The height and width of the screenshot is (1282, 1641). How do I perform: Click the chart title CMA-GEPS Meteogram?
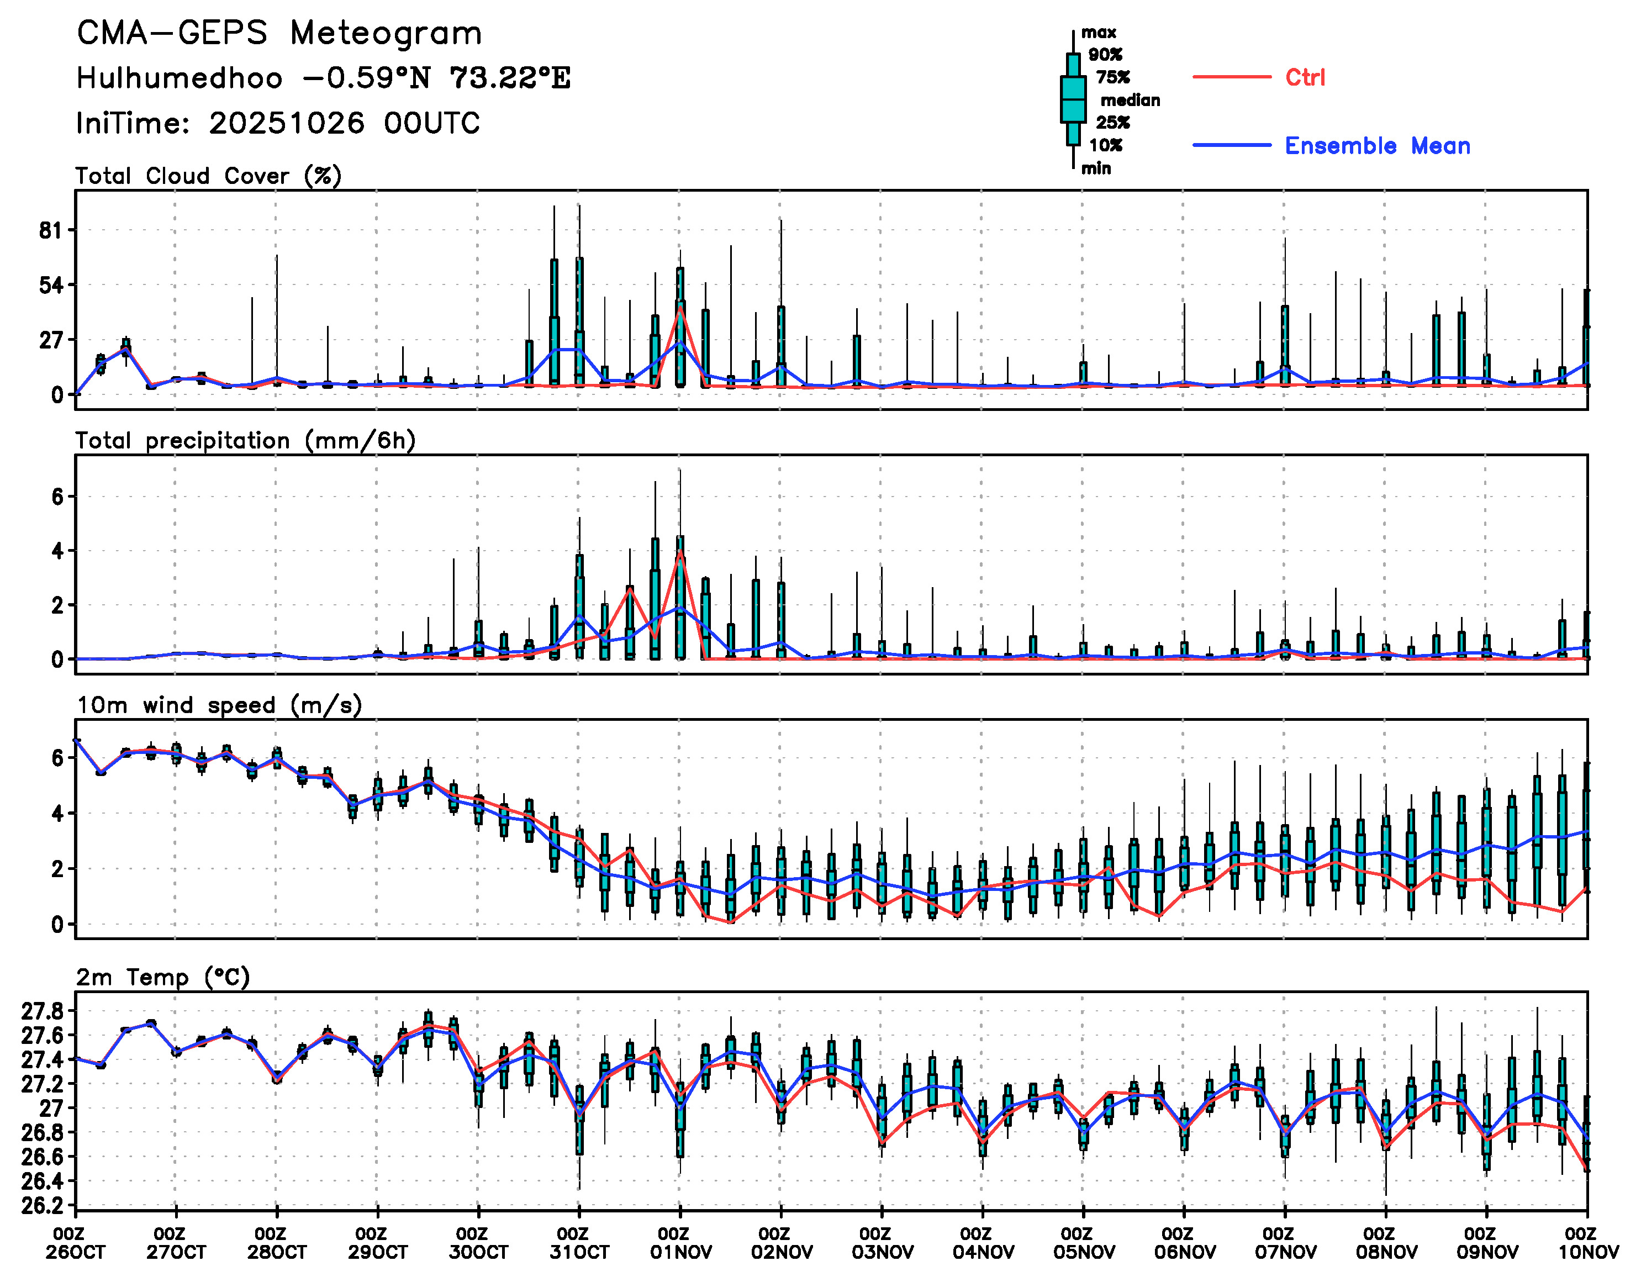point(279,34)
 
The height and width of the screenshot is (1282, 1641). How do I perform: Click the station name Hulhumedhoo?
point(180,78)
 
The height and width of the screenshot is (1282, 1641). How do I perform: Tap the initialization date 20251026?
point(287,123)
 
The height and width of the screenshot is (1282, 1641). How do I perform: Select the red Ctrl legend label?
point(1305,77)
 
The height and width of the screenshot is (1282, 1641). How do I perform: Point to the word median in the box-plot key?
point(1130,100)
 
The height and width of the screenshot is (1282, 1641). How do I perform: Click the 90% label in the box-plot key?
point(1105,55)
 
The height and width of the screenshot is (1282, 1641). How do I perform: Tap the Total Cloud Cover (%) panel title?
point(208,176)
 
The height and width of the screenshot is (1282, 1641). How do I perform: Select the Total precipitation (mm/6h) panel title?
point(245,440)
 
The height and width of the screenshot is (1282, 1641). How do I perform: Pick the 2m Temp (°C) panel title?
point(162,977)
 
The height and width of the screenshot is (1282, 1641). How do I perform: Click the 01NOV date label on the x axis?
point(680,1253)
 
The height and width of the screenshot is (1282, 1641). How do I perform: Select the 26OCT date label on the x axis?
point(75,1253)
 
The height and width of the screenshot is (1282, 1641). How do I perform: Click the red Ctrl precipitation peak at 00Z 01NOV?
point(680,552)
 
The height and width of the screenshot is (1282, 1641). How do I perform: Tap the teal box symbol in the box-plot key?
point(1073,99)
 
